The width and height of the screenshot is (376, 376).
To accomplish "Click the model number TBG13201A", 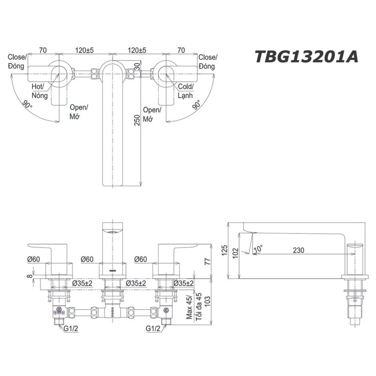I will pyautogui.click(x=306, y=57).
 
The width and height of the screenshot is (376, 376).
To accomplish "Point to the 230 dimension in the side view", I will pyautogui.click(x=298, y=250).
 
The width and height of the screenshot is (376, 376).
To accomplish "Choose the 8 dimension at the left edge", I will pyautogui.click(x=29, y=277).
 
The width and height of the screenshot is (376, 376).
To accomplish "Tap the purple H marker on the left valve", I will pyautogui.click(x=59, y=309).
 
